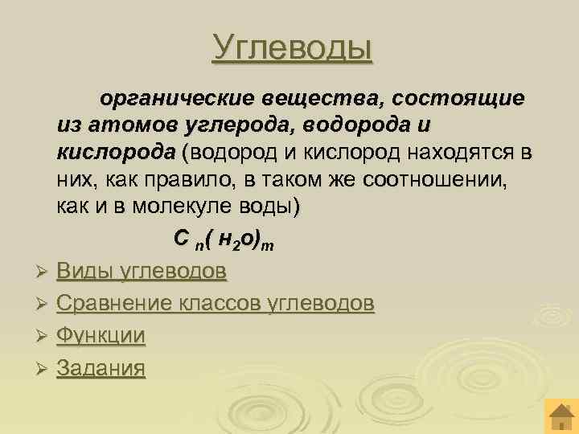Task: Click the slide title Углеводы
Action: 293,46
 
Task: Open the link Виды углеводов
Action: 142,272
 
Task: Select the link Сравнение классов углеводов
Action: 216,304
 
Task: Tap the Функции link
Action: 101,336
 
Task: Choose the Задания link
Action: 101,368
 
